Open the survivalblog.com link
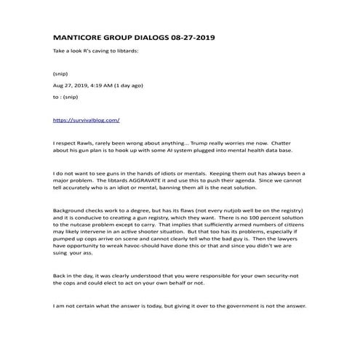point(87,119)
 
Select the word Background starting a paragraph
point(71,209)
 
